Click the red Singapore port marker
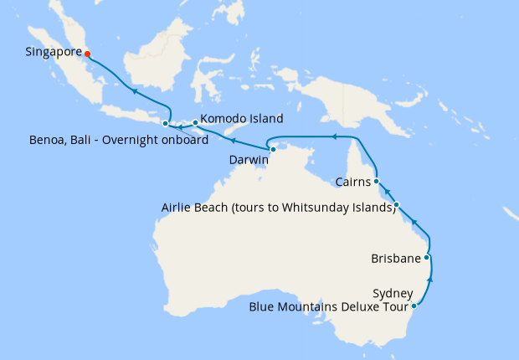click(x=87, y=54)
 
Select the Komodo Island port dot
click(x=195, y=123)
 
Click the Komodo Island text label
click(x=241, y=119)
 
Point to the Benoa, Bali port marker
click(x=165, y=124)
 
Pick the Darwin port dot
click(x=273, y=149)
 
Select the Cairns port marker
click(x=377, y=180)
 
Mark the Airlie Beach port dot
click(x=397, y=205)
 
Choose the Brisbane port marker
click(x=427, y=258)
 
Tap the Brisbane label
click(x=395, y=259)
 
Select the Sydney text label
click(x=393, y=293)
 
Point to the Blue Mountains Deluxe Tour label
click(x=331, y=307)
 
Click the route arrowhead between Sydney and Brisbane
click(x=431, y=277)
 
